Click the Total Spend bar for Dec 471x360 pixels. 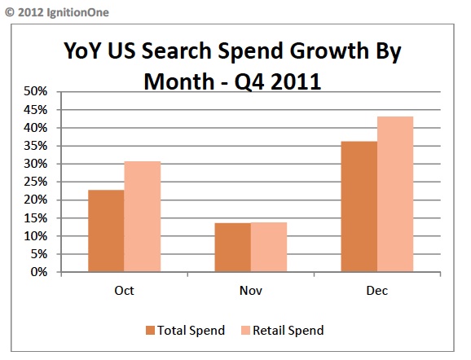359,207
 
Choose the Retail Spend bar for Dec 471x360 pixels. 395,195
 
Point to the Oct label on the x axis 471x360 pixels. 125,290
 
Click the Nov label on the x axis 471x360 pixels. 251,290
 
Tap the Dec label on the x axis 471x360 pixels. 376,290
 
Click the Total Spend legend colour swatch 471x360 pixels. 152,331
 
